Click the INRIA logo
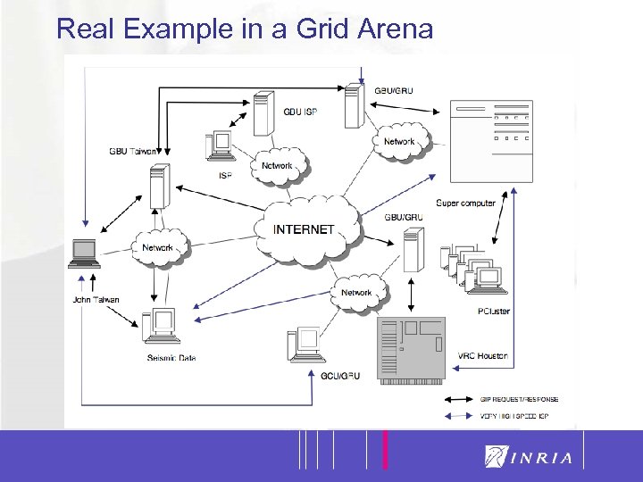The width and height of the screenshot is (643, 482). [528, 457]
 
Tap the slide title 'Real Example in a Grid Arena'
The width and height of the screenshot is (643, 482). [244, 29]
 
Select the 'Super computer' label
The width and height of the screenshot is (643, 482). [465, 204]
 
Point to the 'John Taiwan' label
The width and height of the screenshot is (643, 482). [96, 300]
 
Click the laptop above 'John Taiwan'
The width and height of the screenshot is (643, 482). [86, 253]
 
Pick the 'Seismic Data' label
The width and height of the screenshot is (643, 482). [171, 359]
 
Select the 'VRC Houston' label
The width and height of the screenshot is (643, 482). [482, 355]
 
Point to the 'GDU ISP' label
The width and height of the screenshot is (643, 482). [299, 112]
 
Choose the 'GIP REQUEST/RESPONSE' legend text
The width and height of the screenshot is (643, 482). [519, 399]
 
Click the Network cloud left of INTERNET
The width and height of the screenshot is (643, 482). [160, 247]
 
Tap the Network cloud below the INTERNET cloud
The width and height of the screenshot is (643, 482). [357, 292]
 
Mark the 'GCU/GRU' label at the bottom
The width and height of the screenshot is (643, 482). [339, 376]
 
